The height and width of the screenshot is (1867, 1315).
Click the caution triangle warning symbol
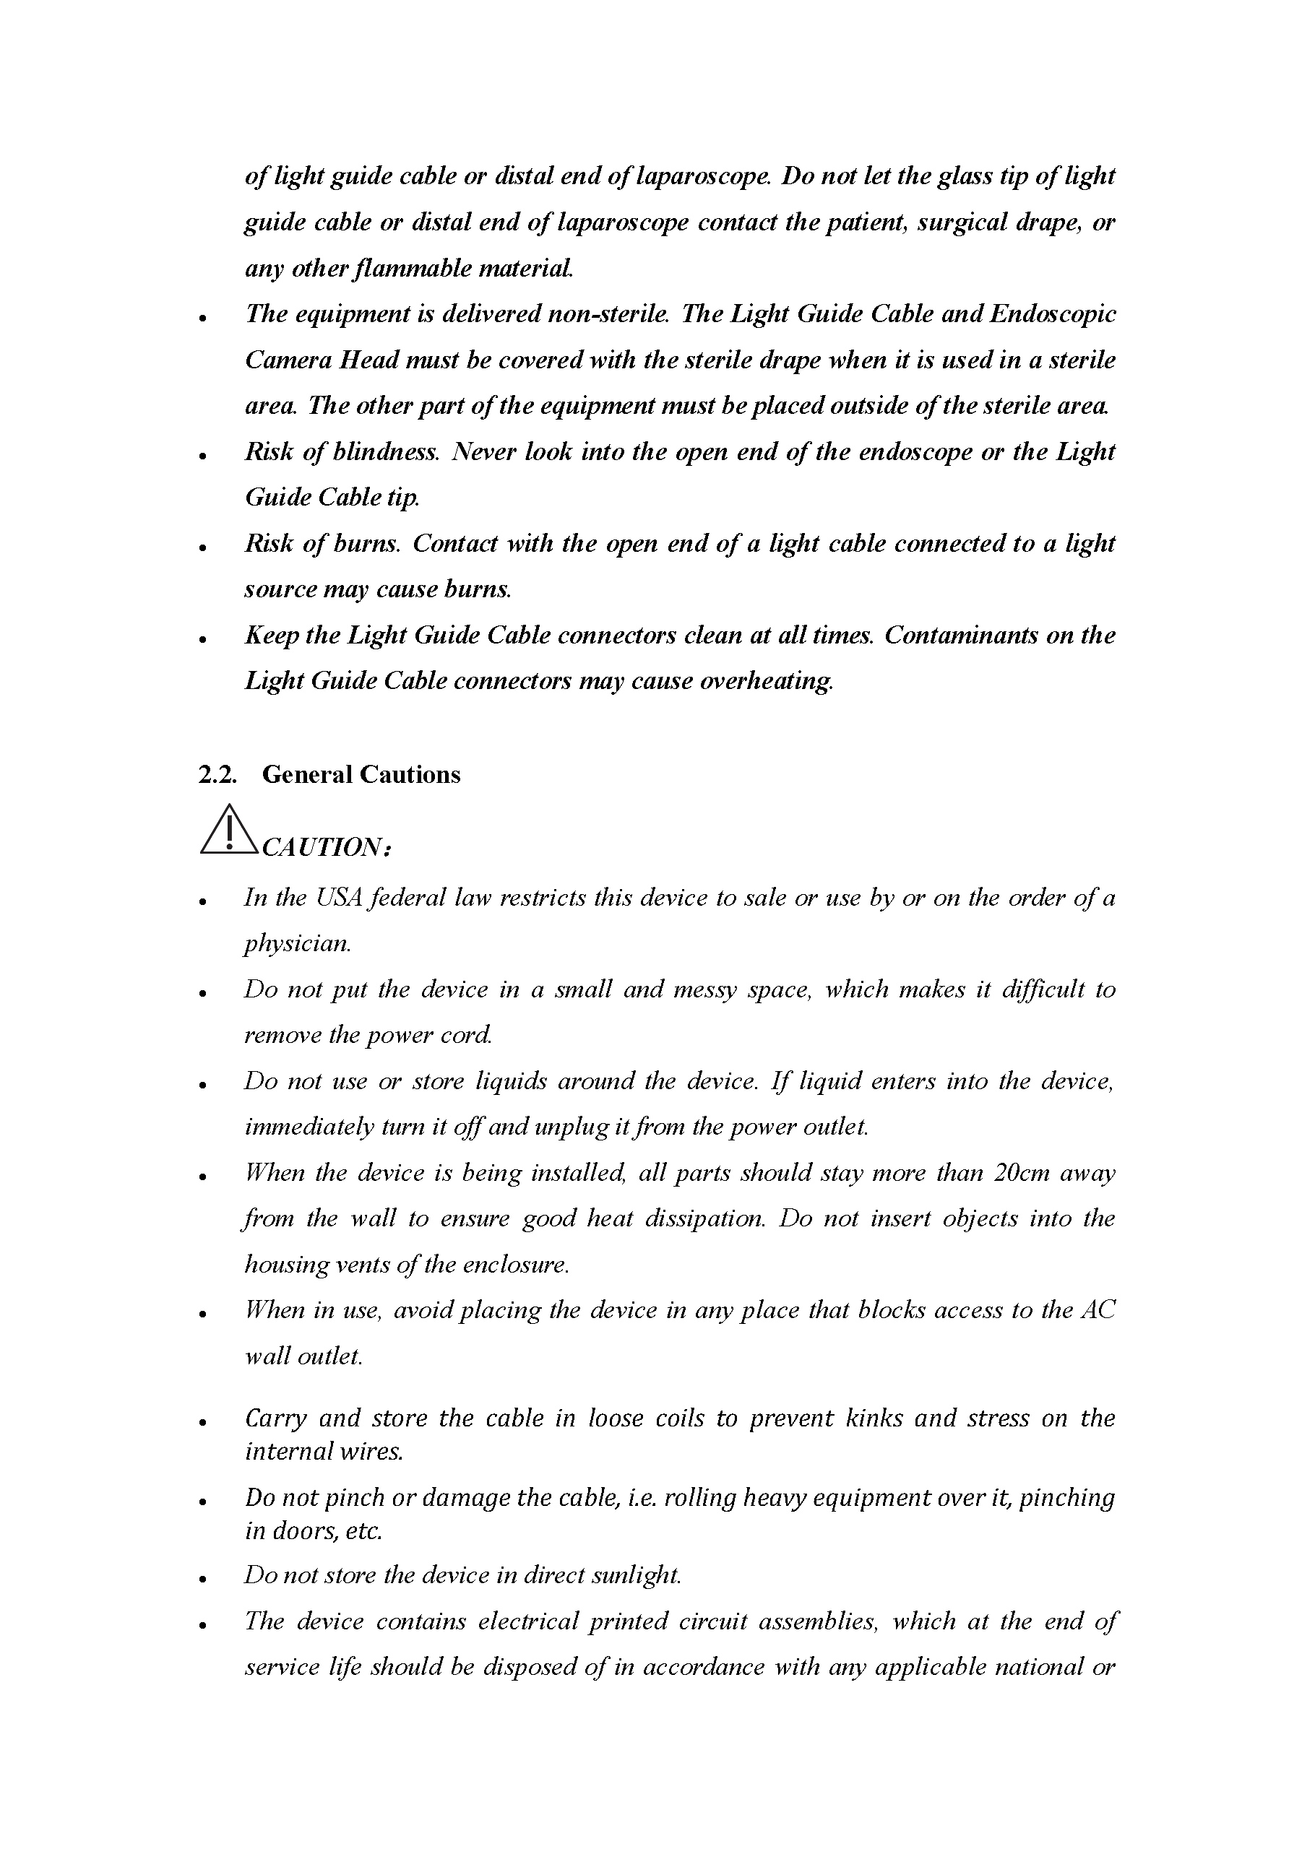pos(229,831)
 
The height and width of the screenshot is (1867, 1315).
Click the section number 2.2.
pos(217,774)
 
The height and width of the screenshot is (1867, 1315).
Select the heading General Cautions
pos(361,774)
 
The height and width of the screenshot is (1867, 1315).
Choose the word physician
pos(298,944)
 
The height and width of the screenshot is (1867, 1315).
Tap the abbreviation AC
pos(1099,1311)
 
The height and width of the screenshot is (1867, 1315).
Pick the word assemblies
pos(818,1621)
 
